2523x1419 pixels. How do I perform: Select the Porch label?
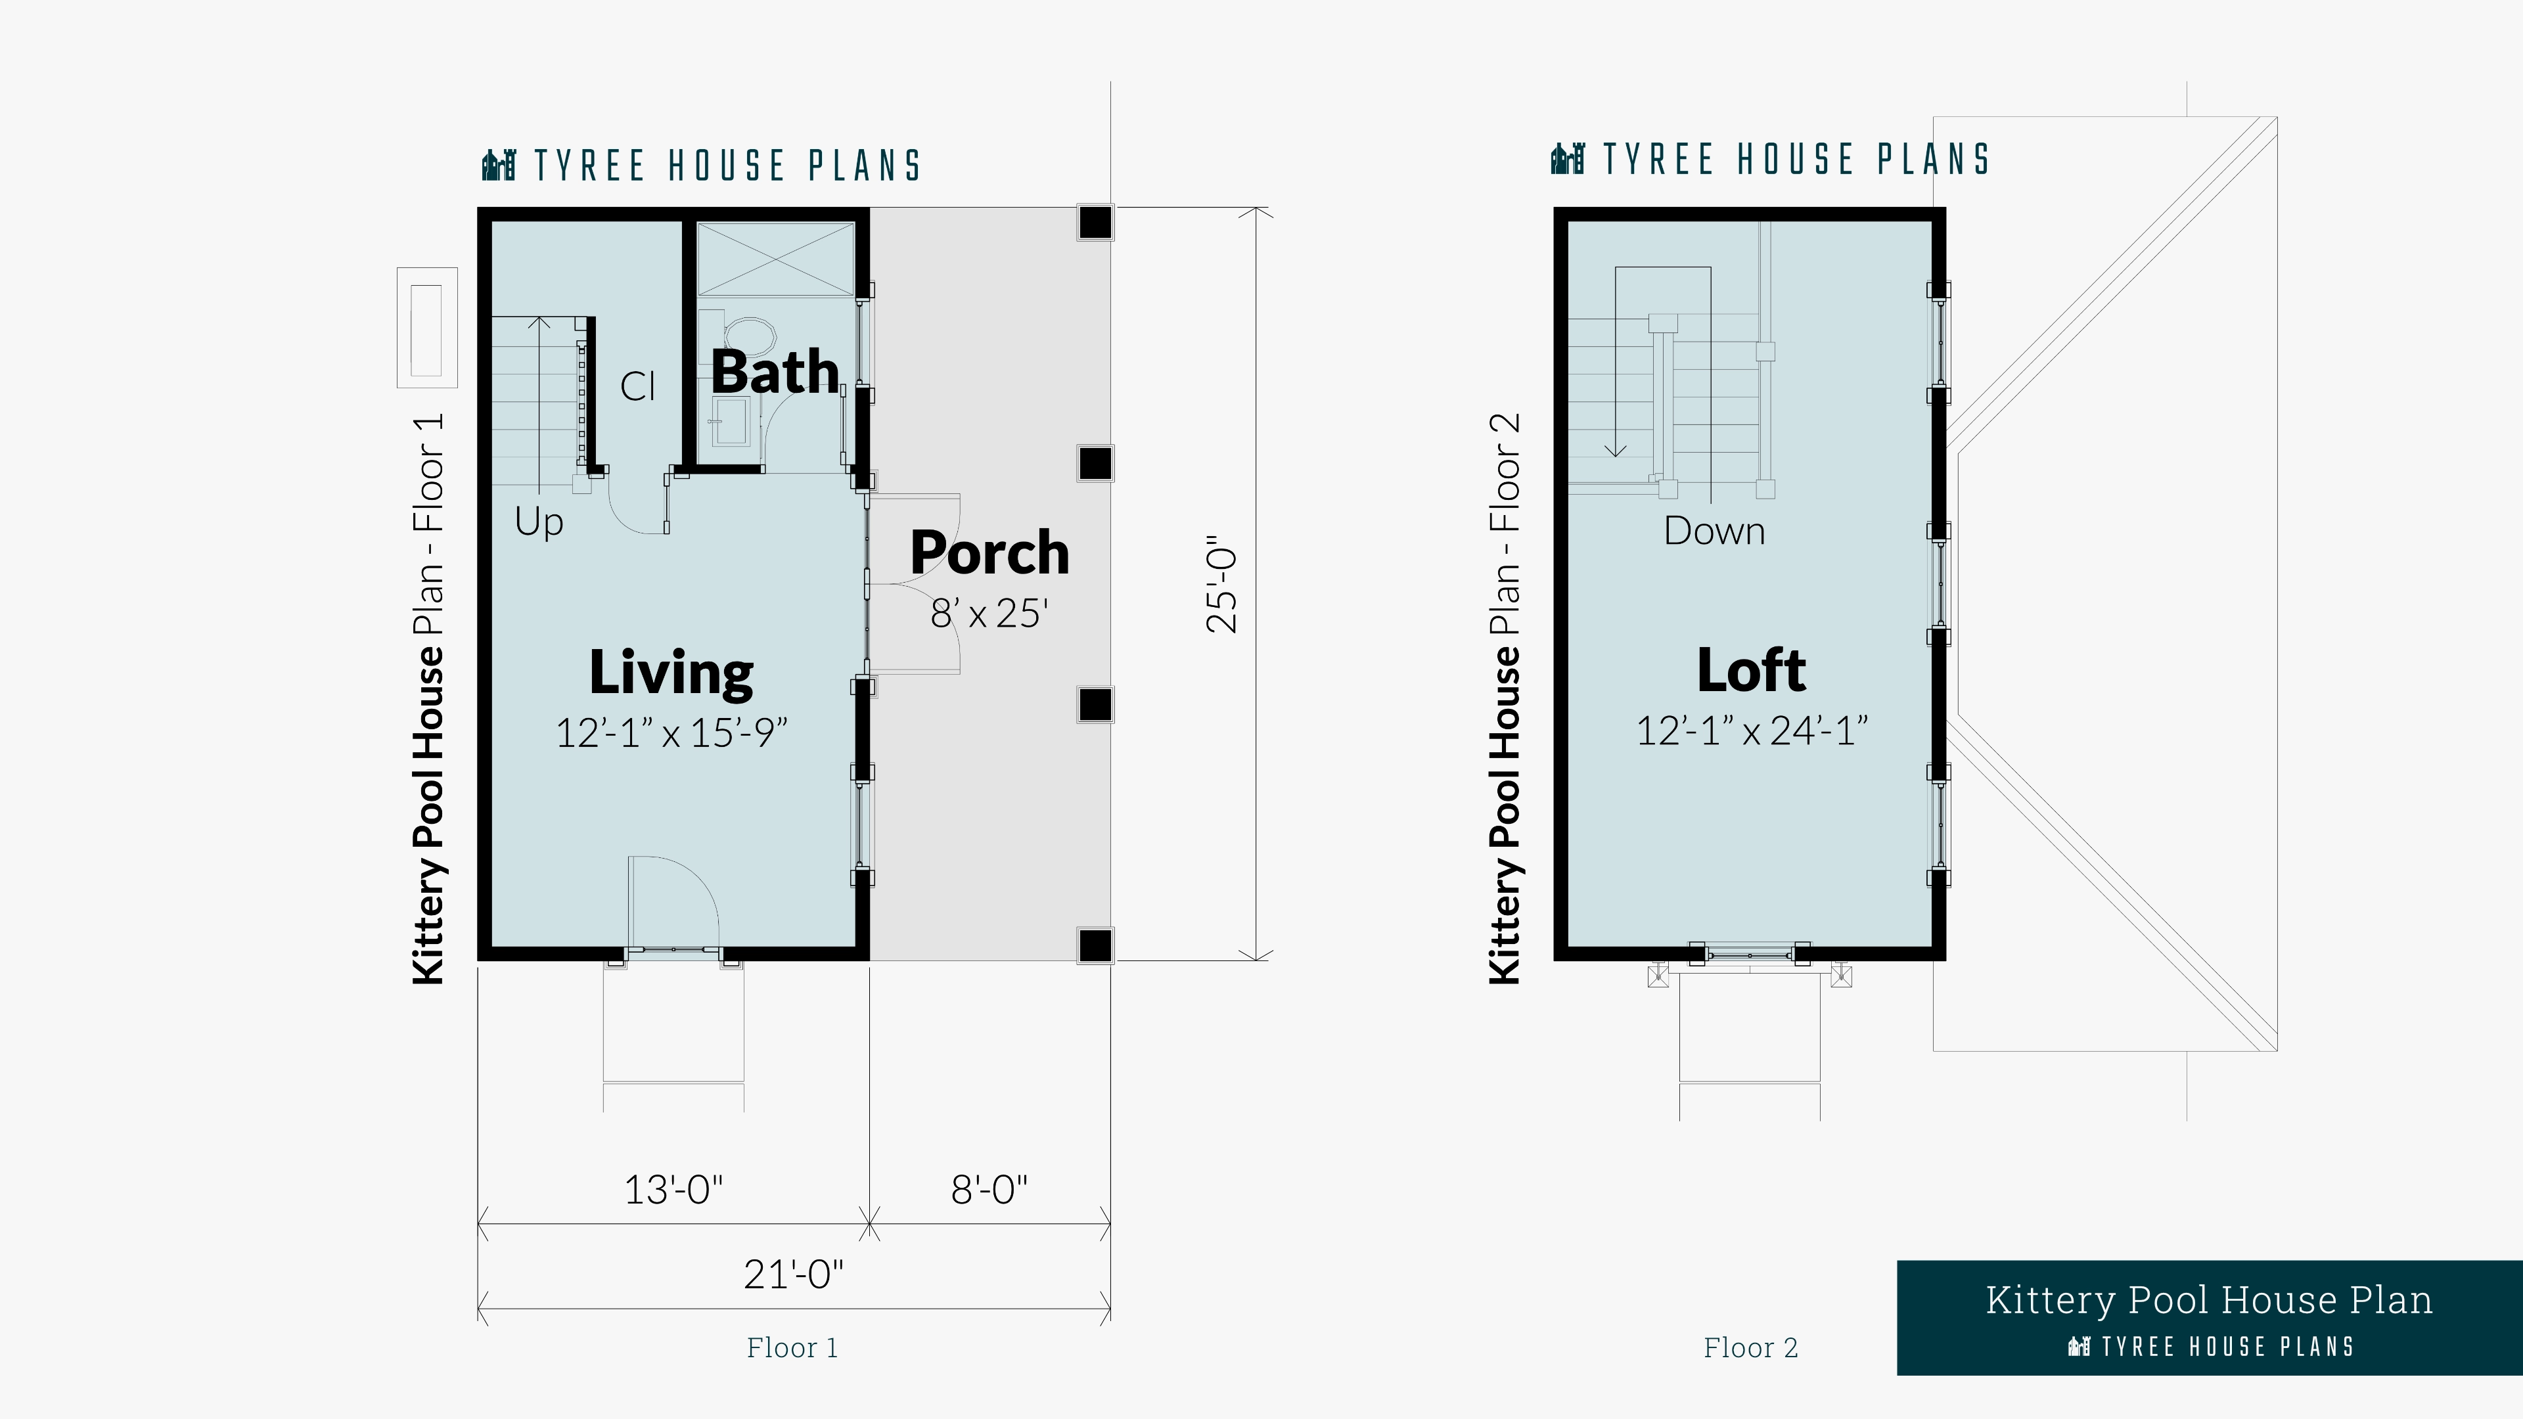[989, 553]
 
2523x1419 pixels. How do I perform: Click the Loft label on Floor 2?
[1751, 670]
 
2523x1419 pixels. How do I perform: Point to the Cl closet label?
[637, 386]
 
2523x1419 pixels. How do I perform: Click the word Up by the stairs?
[539, 522]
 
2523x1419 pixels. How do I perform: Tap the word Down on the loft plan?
[1714, 531]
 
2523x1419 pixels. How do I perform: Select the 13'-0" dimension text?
[674, 1190]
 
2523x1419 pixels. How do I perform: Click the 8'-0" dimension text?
[989, 1190]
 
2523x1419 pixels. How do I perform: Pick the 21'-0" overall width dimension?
[793, 1274]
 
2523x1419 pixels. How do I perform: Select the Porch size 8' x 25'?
[989, 613]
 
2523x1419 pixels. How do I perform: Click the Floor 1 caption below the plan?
[792, 1347]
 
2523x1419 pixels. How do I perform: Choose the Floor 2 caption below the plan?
[1751, 1347]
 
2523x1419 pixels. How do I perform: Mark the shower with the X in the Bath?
[775, 259]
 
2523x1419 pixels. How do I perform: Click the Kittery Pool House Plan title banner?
[2210, 1318]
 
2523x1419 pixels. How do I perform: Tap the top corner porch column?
[1095, 222]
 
